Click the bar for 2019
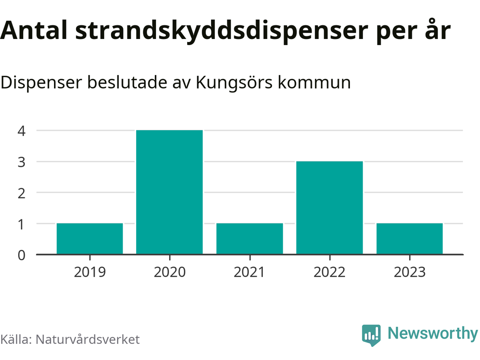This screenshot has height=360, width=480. pos(90,239)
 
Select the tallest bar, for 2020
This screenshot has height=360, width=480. pos(169,192)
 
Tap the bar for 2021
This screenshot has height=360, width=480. pos(250,239)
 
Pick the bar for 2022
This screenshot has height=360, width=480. pos(330,208)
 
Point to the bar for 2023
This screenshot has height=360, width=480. pos(409,239)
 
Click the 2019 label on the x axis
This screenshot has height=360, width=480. pos(90,272)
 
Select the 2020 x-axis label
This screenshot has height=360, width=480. pos(169,272)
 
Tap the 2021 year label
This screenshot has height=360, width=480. pos(250,272)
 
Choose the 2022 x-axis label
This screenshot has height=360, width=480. pos(330,272)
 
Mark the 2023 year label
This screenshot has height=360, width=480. pos(409,272)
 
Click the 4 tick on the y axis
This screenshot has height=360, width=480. pos(21,131)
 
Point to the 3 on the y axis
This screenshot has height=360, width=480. pos(21,162)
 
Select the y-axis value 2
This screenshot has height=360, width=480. pos(21,193)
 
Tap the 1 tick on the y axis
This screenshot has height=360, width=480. pos(21,224)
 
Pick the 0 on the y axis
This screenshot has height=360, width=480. pos(21,255)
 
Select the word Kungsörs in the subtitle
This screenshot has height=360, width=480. pos(234,82)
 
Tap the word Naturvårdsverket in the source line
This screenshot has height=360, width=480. pos(87,339)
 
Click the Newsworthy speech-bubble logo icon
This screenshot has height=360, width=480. pos(371,334)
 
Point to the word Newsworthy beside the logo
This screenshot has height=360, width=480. pos(432,333)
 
